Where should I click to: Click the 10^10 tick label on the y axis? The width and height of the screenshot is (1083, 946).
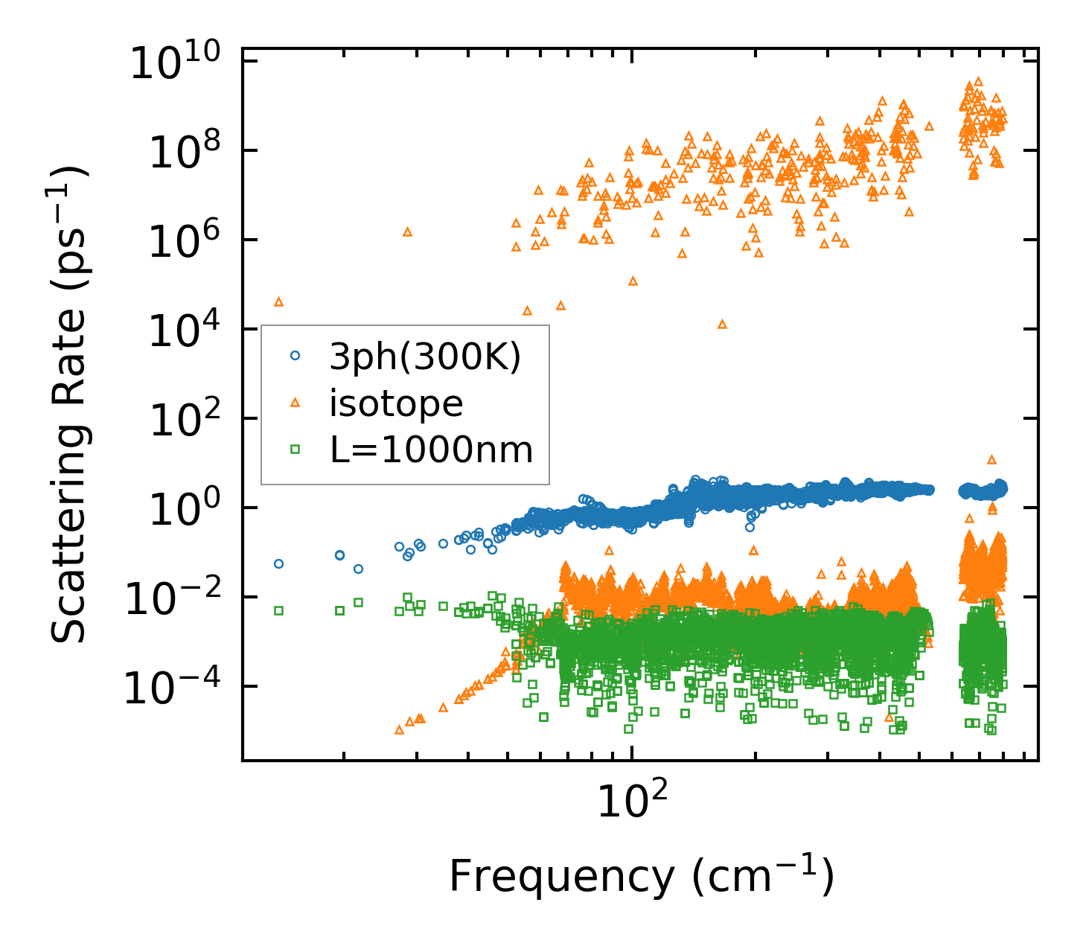[182, 63]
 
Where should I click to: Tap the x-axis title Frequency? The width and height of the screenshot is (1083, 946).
[641, 876]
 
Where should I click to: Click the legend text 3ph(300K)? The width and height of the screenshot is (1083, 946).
[425, 357]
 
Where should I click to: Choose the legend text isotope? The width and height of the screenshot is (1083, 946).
[396, 403]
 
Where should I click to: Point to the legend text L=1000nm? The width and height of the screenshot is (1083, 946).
[431, 450]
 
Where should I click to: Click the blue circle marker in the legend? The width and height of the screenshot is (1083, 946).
[295, 357]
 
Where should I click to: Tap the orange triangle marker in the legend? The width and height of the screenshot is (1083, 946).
[295, 403]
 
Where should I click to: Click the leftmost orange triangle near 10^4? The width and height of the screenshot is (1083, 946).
[279, 301]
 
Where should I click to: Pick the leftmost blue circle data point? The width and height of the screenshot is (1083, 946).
[279, 563]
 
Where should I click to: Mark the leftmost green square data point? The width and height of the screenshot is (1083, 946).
[279, 610]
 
